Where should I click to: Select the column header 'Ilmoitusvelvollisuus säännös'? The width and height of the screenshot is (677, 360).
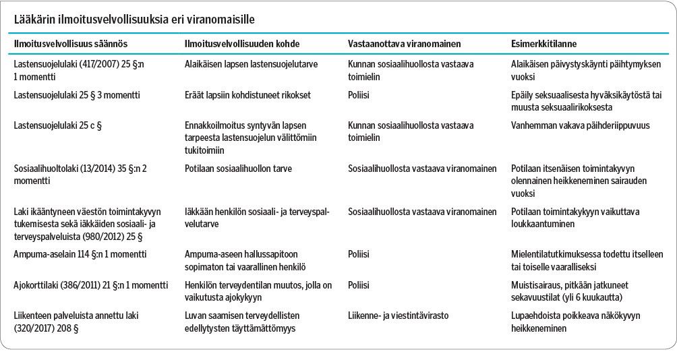[71, 43]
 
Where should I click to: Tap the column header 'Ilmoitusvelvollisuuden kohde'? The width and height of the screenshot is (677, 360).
[242, 43]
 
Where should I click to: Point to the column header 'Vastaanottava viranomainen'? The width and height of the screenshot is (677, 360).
[404, 43]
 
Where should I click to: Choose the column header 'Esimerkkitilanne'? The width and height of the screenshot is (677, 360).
[544, 43]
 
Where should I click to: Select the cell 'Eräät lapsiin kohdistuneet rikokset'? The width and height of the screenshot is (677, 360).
[247, 95]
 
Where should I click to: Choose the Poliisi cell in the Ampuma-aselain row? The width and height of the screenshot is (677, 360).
[359, 254]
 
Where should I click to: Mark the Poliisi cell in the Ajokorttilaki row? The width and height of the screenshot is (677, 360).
[359, 285]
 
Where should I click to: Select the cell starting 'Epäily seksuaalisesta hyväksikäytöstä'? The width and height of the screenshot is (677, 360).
[585, 101]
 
